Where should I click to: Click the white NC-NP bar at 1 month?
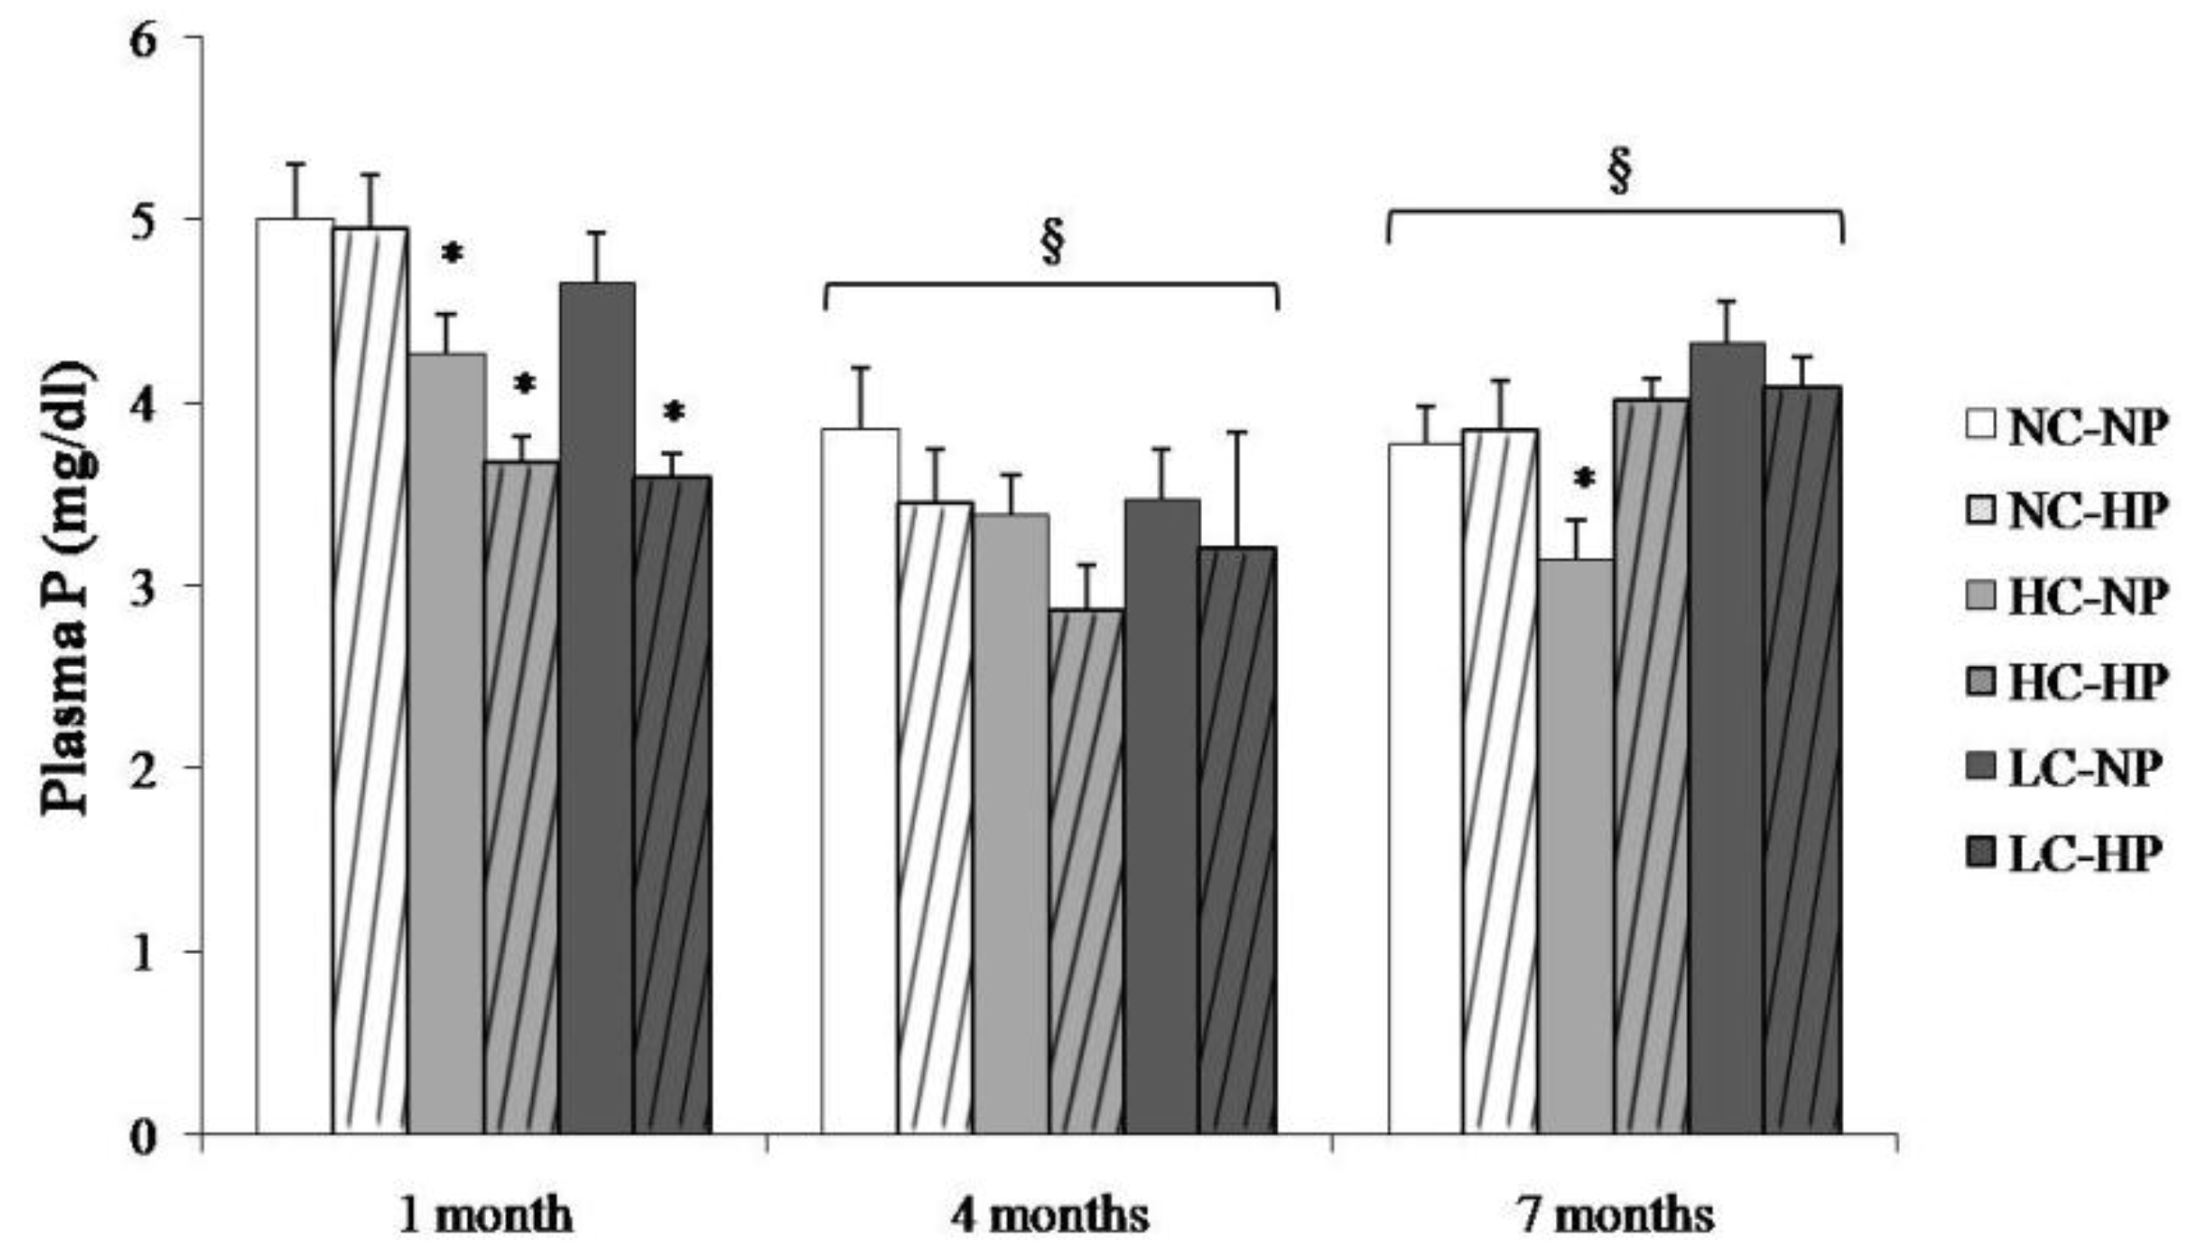pos(295,675)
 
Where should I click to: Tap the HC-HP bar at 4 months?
pos(1087,872)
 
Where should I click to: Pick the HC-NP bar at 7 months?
pos(1576,844)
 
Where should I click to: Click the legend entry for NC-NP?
pos(2069,427)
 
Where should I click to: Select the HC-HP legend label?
pos(2088,682)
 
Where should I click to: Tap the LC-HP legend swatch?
pos(1981,853)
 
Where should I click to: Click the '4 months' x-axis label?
pos(1050,1216)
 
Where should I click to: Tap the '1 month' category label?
pos(484,1216)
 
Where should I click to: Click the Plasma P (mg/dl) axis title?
pos(68,588)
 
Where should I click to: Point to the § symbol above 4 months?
pos(1053,242)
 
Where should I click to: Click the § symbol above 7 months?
pos(1619,170)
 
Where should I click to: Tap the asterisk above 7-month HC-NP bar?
pos(1584,480)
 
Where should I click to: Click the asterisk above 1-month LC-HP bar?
pos(673,412)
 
